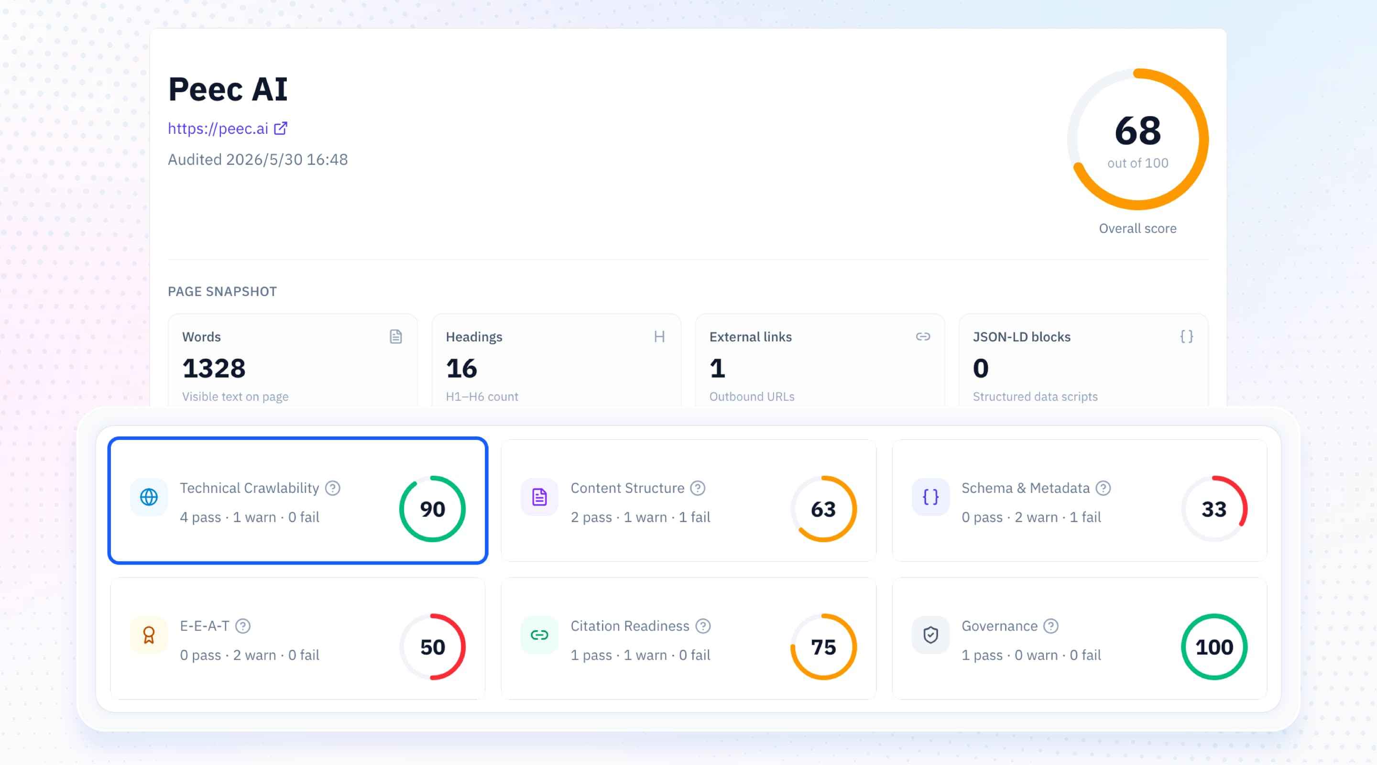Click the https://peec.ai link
pyautogui.click(x=218, y=128)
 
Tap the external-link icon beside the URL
pyautogui.click(x=281, y=128)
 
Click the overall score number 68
pyautogui.click(x=1137, y=131)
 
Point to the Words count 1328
pyautogui.click(x=214, y=368)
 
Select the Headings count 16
pyautogui.click(x=461, y=368)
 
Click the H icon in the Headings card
pyautogui.click(x=659, y=336)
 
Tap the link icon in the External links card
pyautogui.click(x=923, y=336)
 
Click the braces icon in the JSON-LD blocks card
pyautogui.click(x=1186, y=336)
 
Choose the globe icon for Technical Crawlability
pyautogui.click(x=149, y=497)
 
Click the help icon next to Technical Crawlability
pyautogui.click(x=332, y=488)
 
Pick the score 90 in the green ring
pyautogui.click(x=432, y=509)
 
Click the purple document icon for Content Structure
pyautogui.click(x=539, y=497)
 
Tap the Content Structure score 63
pyautogui.click(x=823, y=509)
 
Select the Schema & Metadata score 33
pyautogui.click(x=1214, y=509)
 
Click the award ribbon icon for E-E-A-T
pyautogui.click(x=149, y=634)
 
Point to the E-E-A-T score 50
pyautogui.click(x=432, y=647)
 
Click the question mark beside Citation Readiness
pyautogui.click(x=703, y=626)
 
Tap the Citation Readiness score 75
pyautogui.click(x=823, y=647)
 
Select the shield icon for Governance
pyautogui.click(x=930, y=634)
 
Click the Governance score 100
pyautogui.click(x=1214, y=647)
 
